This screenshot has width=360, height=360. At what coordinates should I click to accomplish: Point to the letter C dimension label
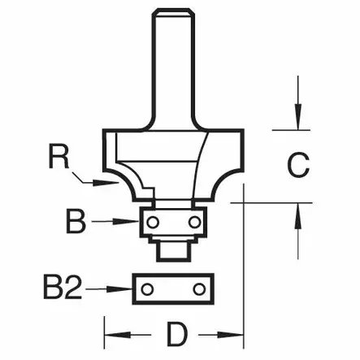tap(298, 167)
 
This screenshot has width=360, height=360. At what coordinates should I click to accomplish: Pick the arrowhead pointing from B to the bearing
tap(133, 220)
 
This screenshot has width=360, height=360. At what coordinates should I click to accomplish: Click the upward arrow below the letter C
tap(298, 214)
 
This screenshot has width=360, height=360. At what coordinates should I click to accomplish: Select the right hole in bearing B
tap(193, 220)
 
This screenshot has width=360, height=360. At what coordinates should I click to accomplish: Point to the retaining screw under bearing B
tap(171, 249)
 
